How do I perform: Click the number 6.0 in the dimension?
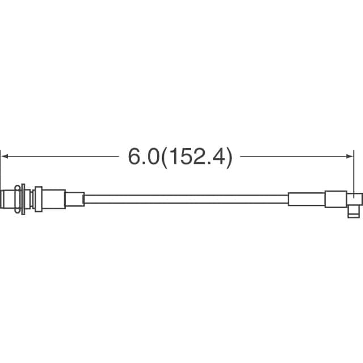point(143,157)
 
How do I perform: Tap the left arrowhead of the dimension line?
point(5,157)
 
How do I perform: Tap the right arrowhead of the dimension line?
point(349,157)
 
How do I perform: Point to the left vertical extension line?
point(1,178)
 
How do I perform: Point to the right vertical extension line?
point(353,174)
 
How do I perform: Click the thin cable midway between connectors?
point(187,199)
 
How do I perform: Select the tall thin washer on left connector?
point(23,199)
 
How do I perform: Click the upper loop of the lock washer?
point(18,188)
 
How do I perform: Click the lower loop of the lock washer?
point(18,210)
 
